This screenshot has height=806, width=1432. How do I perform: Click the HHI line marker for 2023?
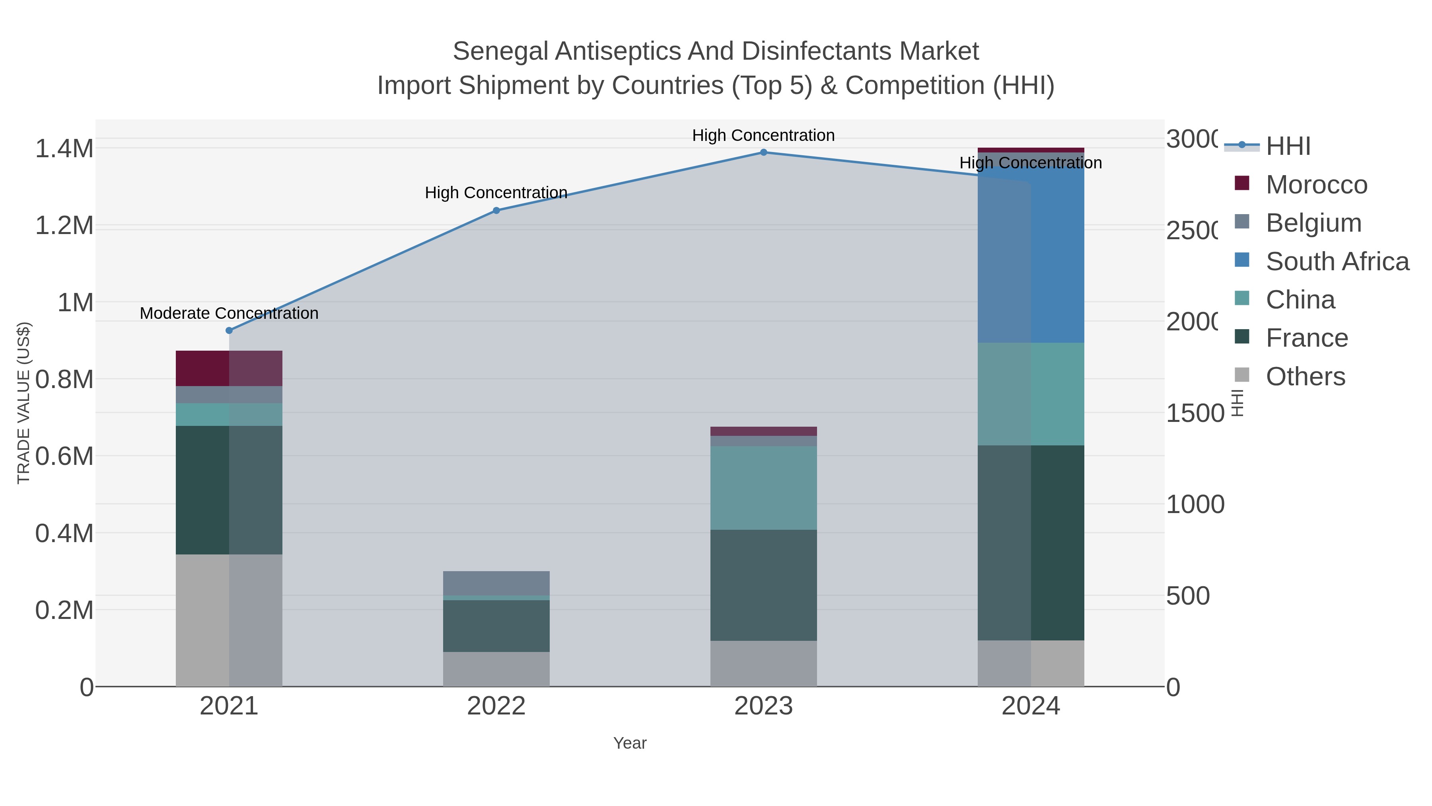pyautogui.click(x=763, y=152)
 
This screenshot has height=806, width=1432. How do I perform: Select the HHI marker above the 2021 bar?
pyautogui.click(x=229, y=330)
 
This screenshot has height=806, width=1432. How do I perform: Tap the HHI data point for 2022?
pyautogui.click(x=496, y=210)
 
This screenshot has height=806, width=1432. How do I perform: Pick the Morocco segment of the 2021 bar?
pyautogui.click(x=229, y=368)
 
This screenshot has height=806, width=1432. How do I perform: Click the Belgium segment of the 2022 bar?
pyautogui.click(x=496, y=583)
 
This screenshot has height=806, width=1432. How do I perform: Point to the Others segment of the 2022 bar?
pyautogui.click(x=496, y=669)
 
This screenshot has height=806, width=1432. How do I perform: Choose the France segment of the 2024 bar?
pyautogui.click(x=1031, y=543)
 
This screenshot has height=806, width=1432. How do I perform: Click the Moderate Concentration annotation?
pyautogui.click(x=229, y=313)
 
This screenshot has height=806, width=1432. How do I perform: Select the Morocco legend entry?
pyautogui.click(x=1316, y=185)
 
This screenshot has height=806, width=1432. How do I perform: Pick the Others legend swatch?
pyautogui.click(x=1242, y=375)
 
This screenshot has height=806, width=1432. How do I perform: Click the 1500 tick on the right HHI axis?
pyautogui.click(x=1195, y=413)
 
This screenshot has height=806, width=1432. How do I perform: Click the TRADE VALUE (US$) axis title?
pyautogui.click(x=23, y=403)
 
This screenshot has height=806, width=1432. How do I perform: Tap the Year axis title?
pyautogui.click(x=629, y=743)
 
